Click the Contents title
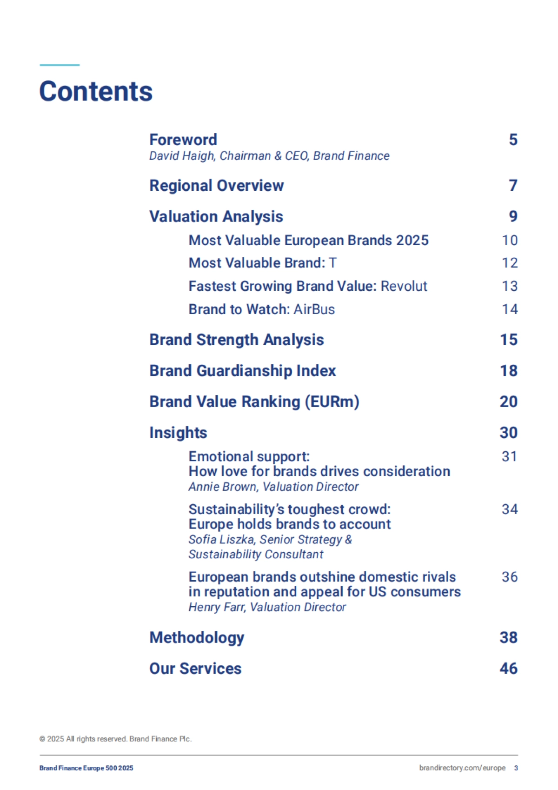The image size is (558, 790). pos(96,91)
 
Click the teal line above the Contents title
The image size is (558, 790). pos(60,65)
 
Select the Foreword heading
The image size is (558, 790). pos(183,140)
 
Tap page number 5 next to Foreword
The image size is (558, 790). pos(513,140)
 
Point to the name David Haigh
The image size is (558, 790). pos(181,156)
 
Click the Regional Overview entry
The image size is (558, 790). pos(216,186)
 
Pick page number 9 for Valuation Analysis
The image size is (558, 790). pos(513,216)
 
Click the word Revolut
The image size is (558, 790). pos(404,286)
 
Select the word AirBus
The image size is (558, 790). pos(314,309)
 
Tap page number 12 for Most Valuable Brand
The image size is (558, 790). pos(510,263)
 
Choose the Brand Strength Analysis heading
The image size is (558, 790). pos(236,340)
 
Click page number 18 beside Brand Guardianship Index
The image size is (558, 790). pos(509,371)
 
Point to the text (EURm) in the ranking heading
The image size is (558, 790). pos(332,402)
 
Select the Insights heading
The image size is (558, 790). pos(178,433)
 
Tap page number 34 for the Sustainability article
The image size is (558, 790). pos(510,509)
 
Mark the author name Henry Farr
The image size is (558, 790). pos(217,607)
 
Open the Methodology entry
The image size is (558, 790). pos(197,637)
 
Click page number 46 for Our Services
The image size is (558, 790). pos(509,669)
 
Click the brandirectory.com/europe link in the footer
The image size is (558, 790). pos(462,768)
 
